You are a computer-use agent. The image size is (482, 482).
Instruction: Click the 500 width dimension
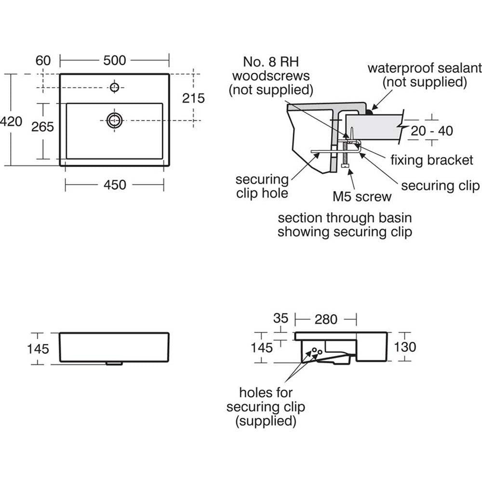pos(115,60)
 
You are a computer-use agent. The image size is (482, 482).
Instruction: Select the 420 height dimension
pos(11,121)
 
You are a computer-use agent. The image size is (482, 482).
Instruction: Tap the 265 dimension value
pos(42,127)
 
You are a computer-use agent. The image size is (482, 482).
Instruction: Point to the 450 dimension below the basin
pos(115,185)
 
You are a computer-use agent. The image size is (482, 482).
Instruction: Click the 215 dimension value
pos(194,98)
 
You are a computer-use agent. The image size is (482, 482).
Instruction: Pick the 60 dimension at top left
pos(43,60)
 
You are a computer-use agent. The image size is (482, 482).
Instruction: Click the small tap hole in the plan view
pos(114,87)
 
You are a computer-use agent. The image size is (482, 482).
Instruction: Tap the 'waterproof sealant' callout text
pos(424,74)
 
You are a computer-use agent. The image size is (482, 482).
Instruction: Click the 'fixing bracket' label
pos(432,160)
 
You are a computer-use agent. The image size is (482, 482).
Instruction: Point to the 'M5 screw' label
pos(362,197)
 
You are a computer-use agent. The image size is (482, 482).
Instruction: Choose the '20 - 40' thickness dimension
pos(431,131)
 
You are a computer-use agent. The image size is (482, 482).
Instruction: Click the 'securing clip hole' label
pos(262,187)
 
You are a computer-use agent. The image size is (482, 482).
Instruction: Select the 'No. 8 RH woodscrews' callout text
pos(270,76)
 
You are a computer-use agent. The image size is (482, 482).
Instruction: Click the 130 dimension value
pos(404,346)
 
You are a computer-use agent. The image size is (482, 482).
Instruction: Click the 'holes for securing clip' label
pos(266,407)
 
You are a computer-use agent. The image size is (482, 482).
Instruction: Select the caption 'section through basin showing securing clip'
pos(345,225)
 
